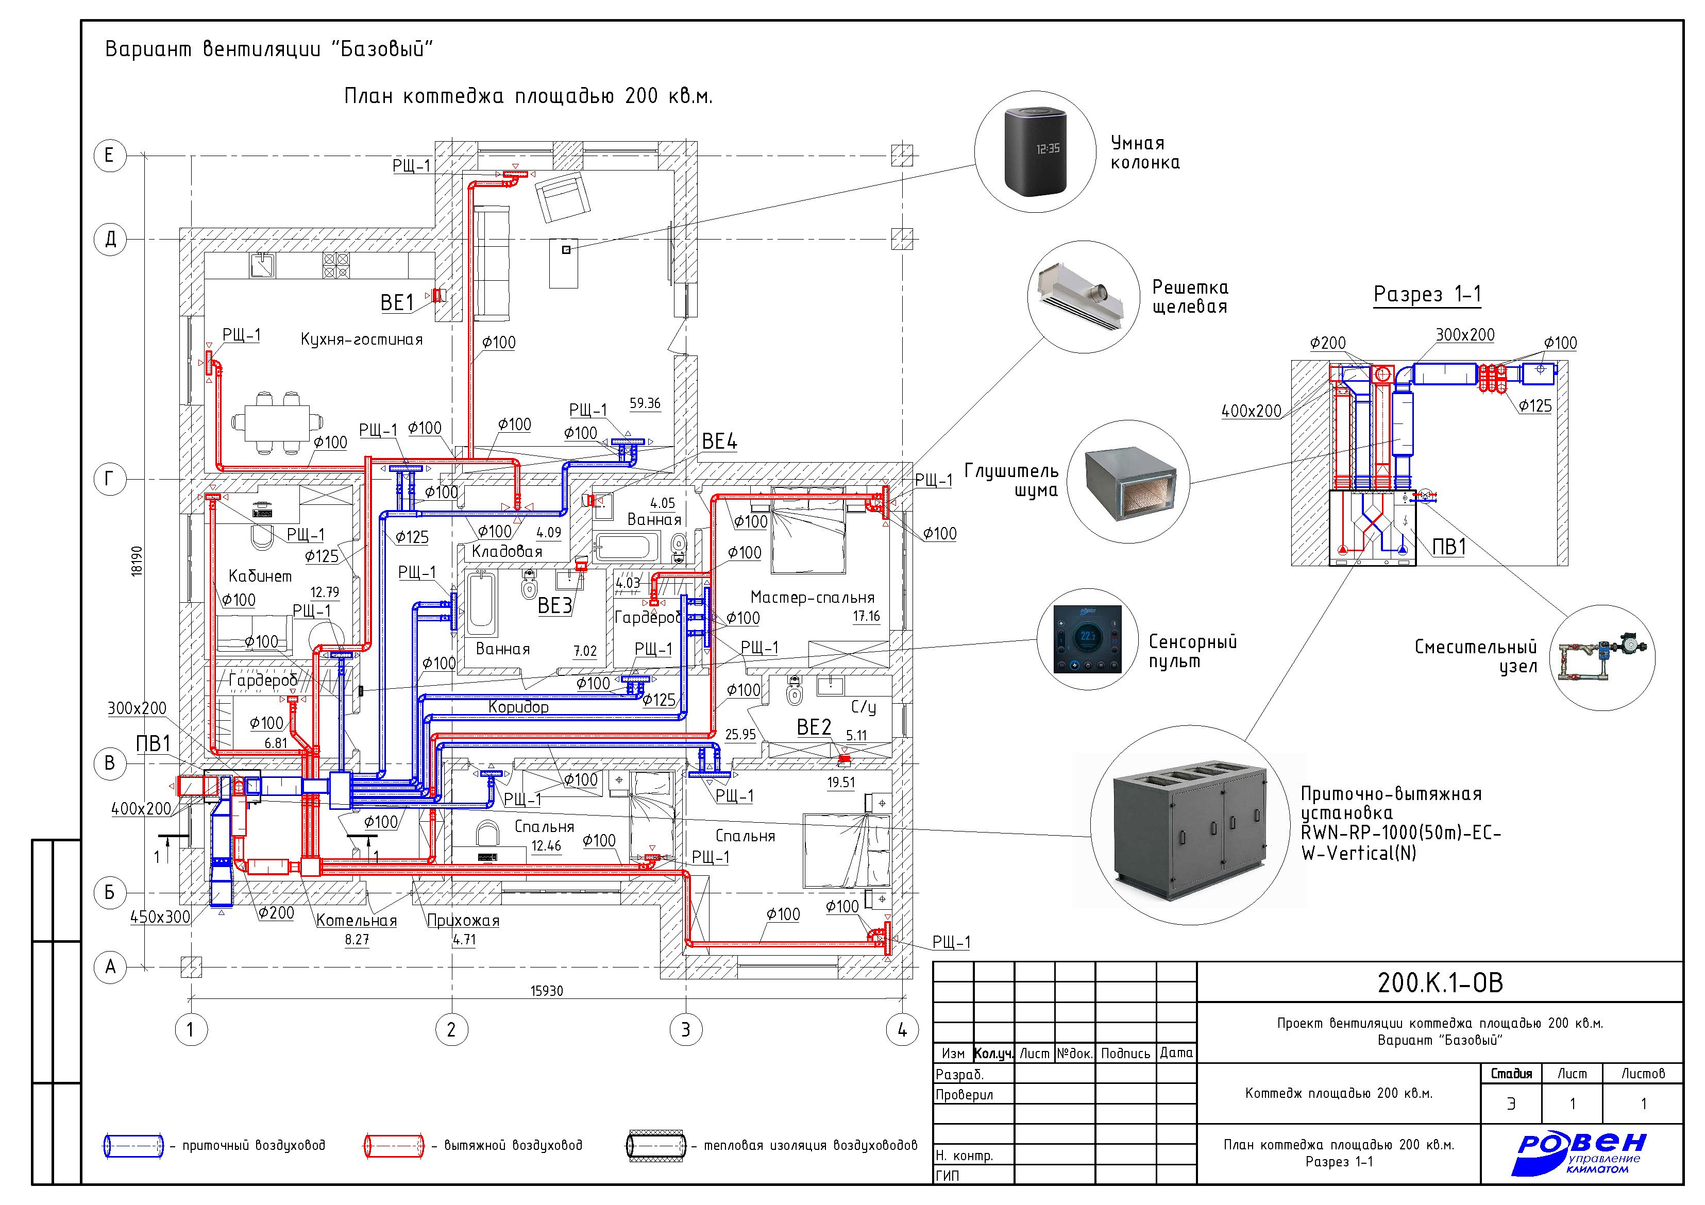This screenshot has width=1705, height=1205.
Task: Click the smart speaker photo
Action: pyautogui.click(x=1035, y=153)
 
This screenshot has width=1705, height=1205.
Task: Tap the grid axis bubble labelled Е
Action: pyautogui.click(x=110, y=156)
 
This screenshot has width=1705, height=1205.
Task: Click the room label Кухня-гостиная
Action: pyautogui.click(x=362, y=340)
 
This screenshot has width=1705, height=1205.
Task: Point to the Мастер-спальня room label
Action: pyautogui.click(x=813, y=597)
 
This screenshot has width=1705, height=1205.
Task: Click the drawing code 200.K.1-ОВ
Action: pyautogui.click(x=1440, y=982)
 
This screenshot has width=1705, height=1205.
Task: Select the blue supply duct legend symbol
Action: pyautogui.click(x=133, y=1146)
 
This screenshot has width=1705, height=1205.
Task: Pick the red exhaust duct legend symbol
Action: pyautogui.click(x=394, y=1146)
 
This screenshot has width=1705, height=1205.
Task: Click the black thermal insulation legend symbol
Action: pyautogui.click(x=656, y=1146)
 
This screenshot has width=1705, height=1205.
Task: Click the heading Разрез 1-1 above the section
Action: pyautogui.click(x=1427, y=294)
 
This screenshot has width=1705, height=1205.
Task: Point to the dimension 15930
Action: pyautogui.click(x=547, y=991)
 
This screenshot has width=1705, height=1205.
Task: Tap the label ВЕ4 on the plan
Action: pyautogui.click(x=720, y=441)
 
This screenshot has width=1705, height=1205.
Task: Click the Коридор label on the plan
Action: pyautogui.click(x=518, y=707)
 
